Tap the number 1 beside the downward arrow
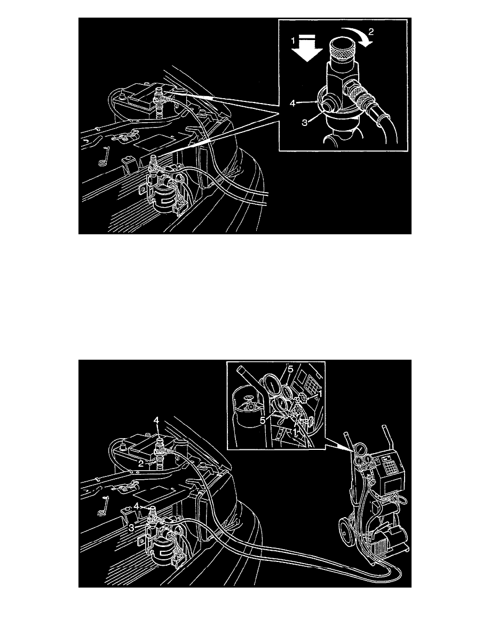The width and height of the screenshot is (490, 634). [x=292, y=39]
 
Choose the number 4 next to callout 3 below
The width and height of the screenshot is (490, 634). [x=138, y=504]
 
